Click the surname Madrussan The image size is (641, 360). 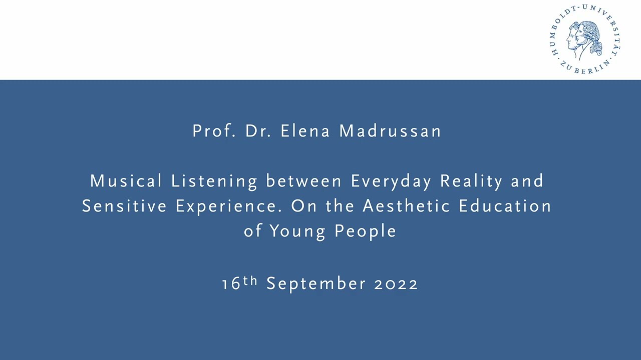pyautogui.click(x=390, y=131)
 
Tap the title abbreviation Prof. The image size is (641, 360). pyautogui.click(x=214, y=131)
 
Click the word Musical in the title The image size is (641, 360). pyautogui.click(x=126, y=181)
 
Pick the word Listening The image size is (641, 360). pyautogui.click(x=214, y=181)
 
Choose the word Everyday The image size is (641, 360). pyautogui.click(x=391, y=181)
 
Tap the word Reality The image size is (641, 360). pyautogui.click(x=471, y=181)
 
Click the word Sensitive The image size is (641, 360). pyautogui.click(x=124, y=206)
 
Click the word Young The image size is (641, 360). pyautogui.click(x=298, y=231)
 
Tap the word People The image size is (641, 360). pyautogui.click(x=365, y=231)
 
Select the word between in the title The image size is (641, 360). pyautogui.click(x=304, y=181)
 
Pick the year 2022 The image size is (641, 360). pyautogui.click(x=396, y=284)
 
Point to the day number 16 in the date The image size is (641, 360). pyautogui.click(x=231, y=284)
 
